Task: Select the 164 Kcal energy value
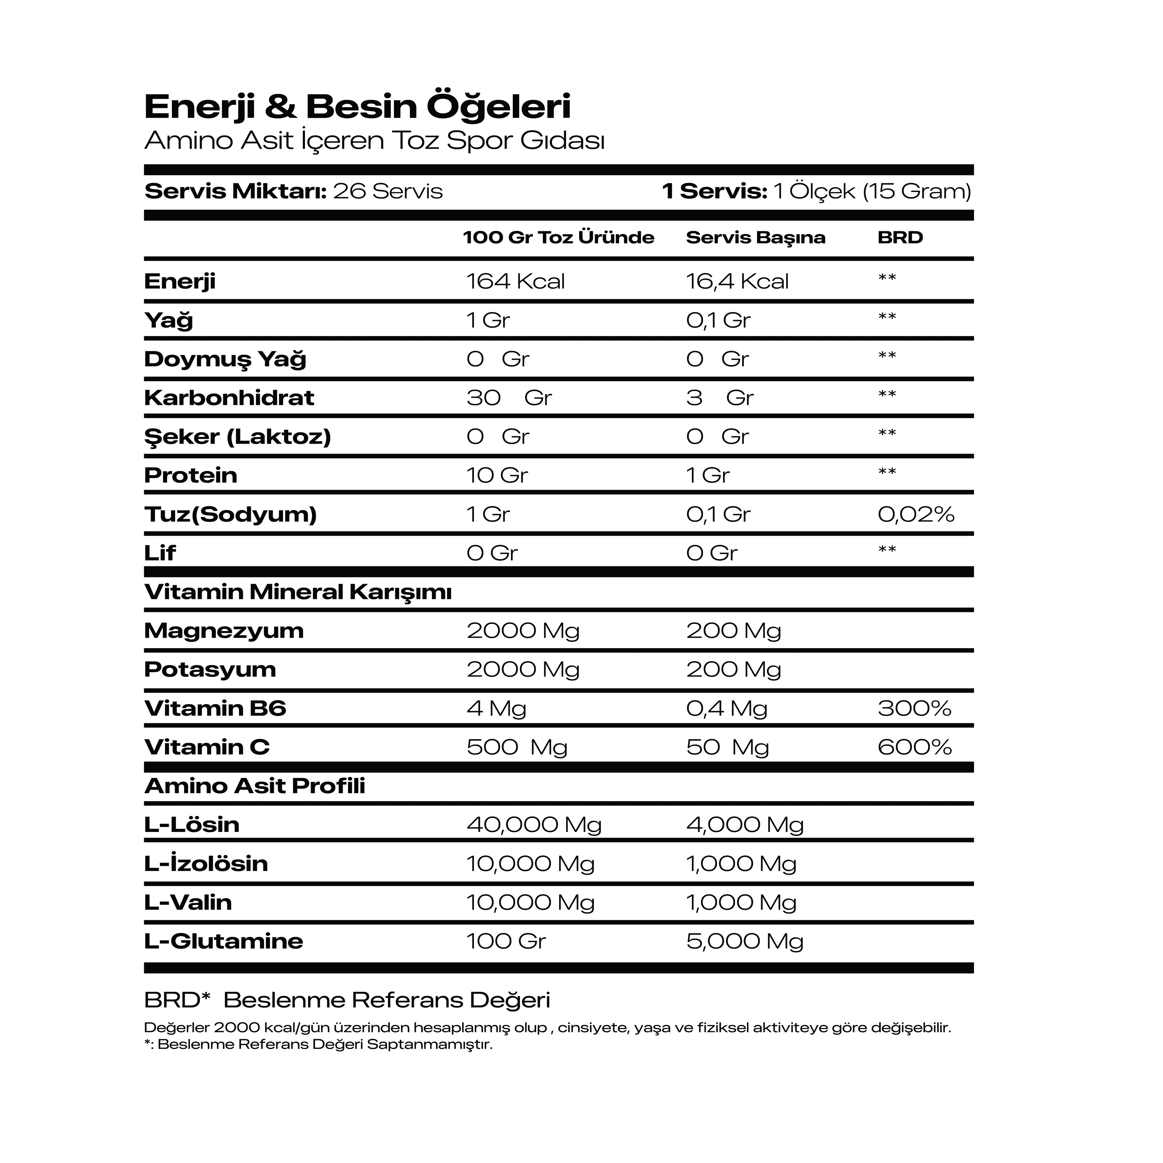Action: click(515, 281)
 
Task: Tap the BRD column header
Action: click(900, 237)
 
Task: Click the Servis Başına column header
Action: click(755, 237)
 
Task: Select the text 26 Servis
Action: click(388, 191)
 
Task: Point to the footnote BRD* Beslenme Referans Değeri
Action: click(347, 1000)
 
